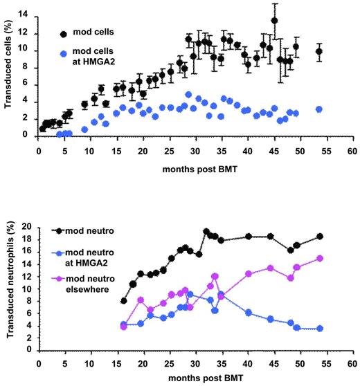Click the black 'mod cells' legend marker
click(64, 33)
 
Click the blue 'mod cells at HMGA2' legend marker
click(64, 53)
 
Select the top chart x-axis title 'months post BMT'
click(197, 170)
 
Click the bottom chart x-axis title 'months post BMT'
click(197, 379)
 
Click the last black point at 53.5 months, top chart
click(319, 51)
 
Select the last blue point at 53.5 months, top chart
click(319, 109)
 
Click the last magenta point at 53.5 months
click(319, 258)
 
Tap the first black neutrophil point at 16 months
click(124, 301)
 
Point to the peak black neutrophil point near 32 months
click(206, 232)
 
